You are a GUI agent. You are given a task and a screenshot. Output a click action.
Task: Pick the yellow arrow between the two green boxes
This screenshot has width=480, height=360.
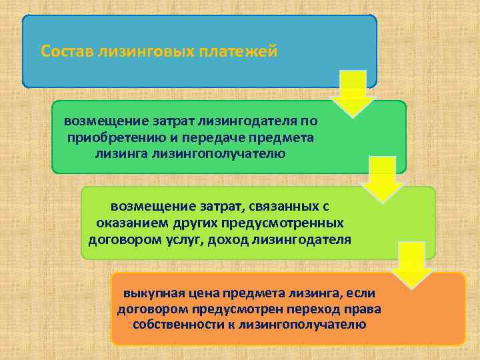point(382,179)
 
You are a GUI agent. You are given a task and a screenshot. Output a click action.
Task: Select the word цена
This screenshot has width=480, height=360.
point(201,294)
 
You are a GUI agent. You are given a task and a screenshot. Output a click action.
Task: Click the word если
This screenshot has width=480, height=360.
point(361,294)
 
